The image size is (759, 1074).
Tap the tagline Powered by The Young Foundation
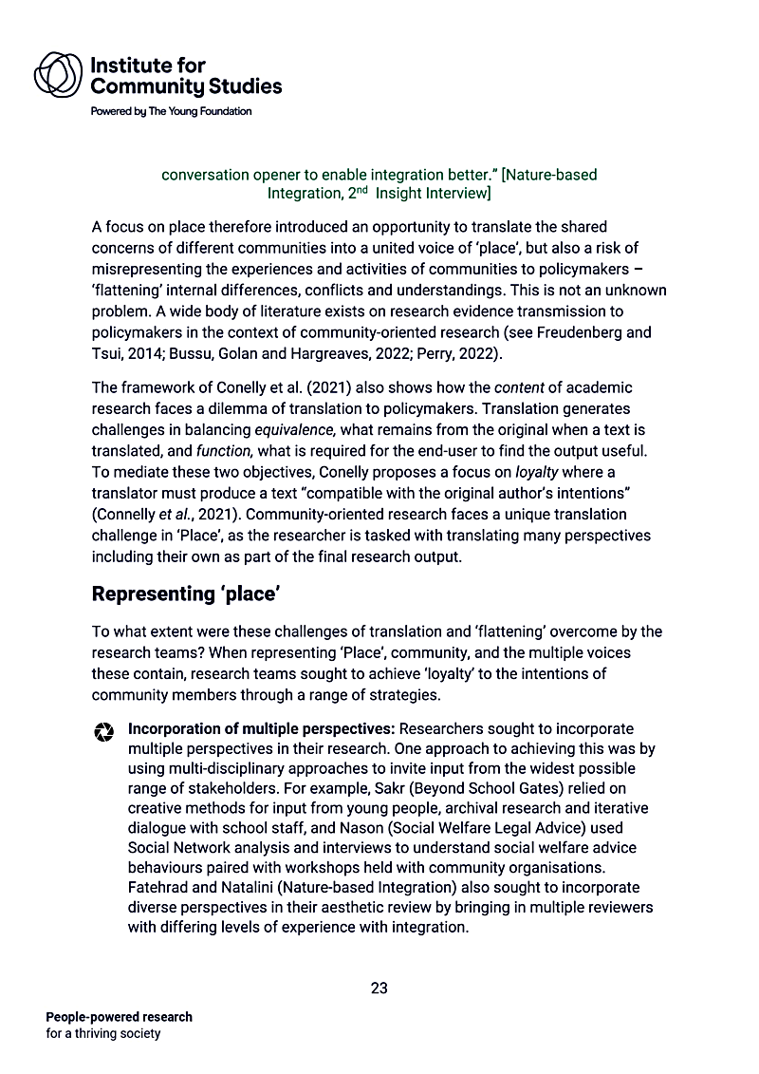click(x=171, y=111)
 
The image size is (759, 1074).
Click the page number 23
click(x=379, y=988)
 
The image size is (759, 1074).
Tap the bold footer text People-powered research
click(x=119, y=1017)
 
